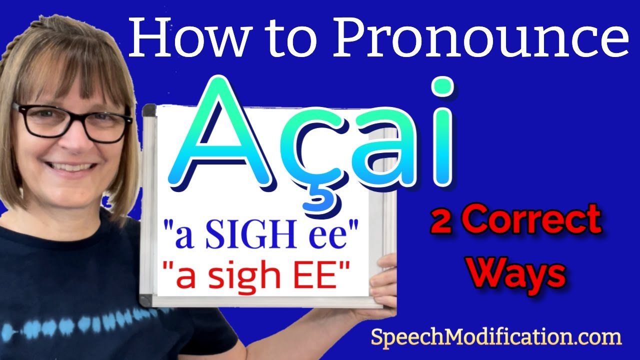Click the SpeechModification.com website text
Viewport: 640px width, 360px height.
(495, 337)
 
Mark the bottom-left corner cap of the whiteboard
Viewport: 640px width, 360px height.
(146, 300)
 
